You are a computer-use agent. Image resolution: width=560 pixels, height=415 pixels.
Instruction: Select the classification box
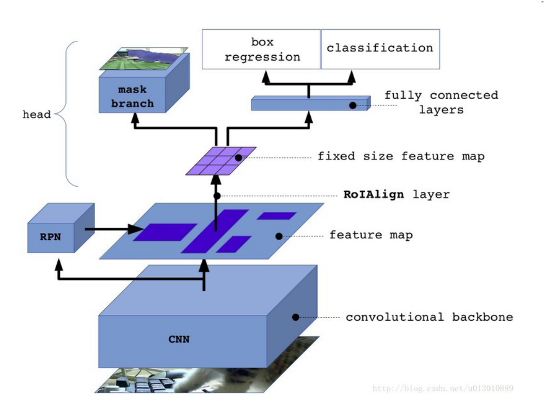click(380, 49)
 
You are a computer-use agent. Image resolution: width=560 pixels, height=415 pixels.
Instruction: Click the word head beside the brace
click(36, 114)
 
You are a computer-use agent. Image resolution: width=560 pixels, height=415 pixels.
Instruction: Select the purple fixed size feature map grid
click(221, 160)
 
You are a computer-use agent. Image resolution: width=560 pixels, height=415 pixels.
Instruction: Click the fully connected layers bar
click(310, 104)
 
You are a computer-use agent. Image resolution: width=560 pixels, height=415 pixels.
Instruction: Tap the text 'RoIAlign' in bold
click(374, 195)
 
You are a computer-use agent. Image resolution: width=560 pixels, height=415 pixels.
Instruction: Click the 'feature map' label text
click(372, 236)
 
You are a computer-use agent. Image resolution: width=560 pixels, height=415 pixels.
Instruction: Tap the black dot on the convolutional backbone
click(295, 317)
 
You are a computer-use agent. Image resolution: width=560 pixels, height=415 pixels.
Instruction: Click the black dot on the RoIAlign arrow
click(217, 196)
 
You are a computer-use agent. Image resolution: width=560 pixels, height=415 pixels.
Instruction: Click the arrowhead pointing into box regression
click(266, 77)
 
